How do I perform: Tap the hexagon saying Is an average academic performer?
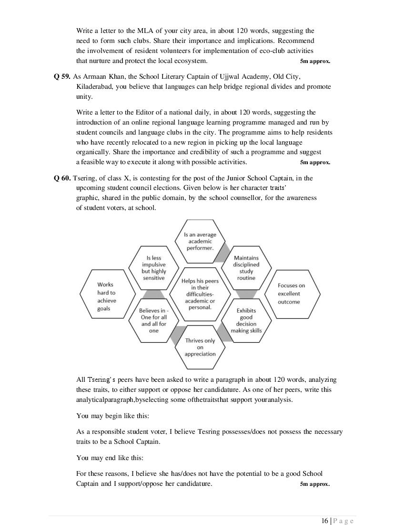click(200, 241)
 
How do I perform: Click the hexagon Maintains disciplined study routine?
click(246, 268)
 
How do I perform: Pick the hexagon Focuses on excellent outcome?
click(291, 294)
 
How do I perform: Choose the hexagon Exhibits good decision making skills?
click(246, 320)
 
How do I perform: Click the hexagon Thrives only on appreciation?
click(200, 347)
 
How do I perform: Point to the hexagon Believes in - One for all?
click(153, 320)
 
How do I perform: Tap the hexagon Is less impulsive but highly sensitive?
click(153, 268)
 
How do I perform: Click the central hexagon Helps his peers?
click(200, 294)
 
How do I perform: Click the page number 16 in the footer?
click(324, 521)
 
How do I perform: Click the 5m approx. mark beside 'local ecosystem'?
click(315, 61)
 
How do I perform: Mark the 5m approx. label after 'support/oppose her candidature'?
click(315, 484)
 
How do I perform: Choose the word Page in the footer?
click(343, 521)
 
